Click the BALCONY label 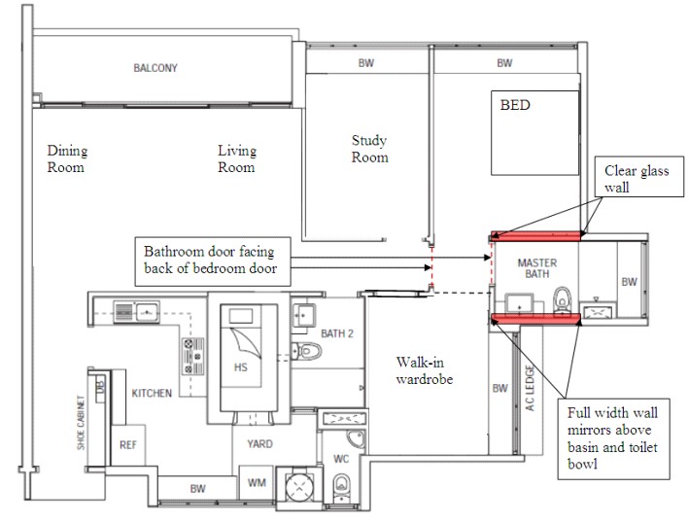click(155, 68)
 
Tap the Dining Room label click(67, 158)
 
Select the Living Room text click(237, 158)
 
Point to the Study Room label click(369, 149)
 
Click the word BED click(515, 105)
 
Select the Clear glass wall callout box click(639, 176)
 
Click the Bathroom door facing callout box click(213, 261)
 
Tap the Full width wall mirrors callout click(613, 438)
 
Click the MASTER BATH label click(537, 268)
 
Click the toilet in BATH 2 click(307, 351)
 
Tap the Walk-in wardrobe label click(424, 370)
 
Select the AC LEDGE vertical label click(530, 388)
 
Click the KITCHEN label click(152, 393)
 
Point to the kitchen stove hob click(193, 356)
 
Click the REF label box click(128, 445)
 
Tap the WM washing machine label click(257, 483)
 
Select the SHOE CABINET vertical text click(81, 422)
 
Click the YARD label click(259, 444)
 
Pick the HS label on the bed click(240, 367)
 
